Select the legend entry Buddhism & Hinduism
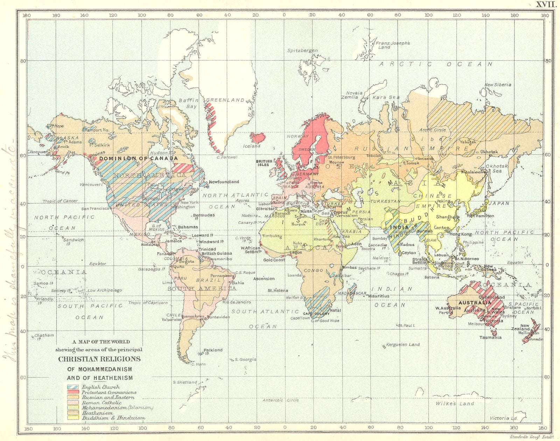pos(113,418)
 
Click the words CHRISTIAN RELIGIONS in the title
pos(99,359)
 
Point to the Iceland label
pos(252,146)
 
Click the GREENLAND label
pos(225,100)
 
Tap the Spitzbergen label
pos(302,50)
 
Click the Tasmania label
pos(490,337)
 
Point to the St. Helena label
pos(278,291)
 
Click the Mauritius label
pos(379,296)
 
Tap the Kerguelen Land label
pos(403,344)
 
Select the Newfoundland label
pos(224,182)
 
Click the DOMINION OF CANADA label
pos(138,158)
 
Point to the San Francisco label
pos(96,209)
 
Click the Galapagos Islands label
pos(151,269)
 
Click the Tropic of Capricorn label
pos(148,303)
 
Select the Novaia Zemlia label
pos(354,95)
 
